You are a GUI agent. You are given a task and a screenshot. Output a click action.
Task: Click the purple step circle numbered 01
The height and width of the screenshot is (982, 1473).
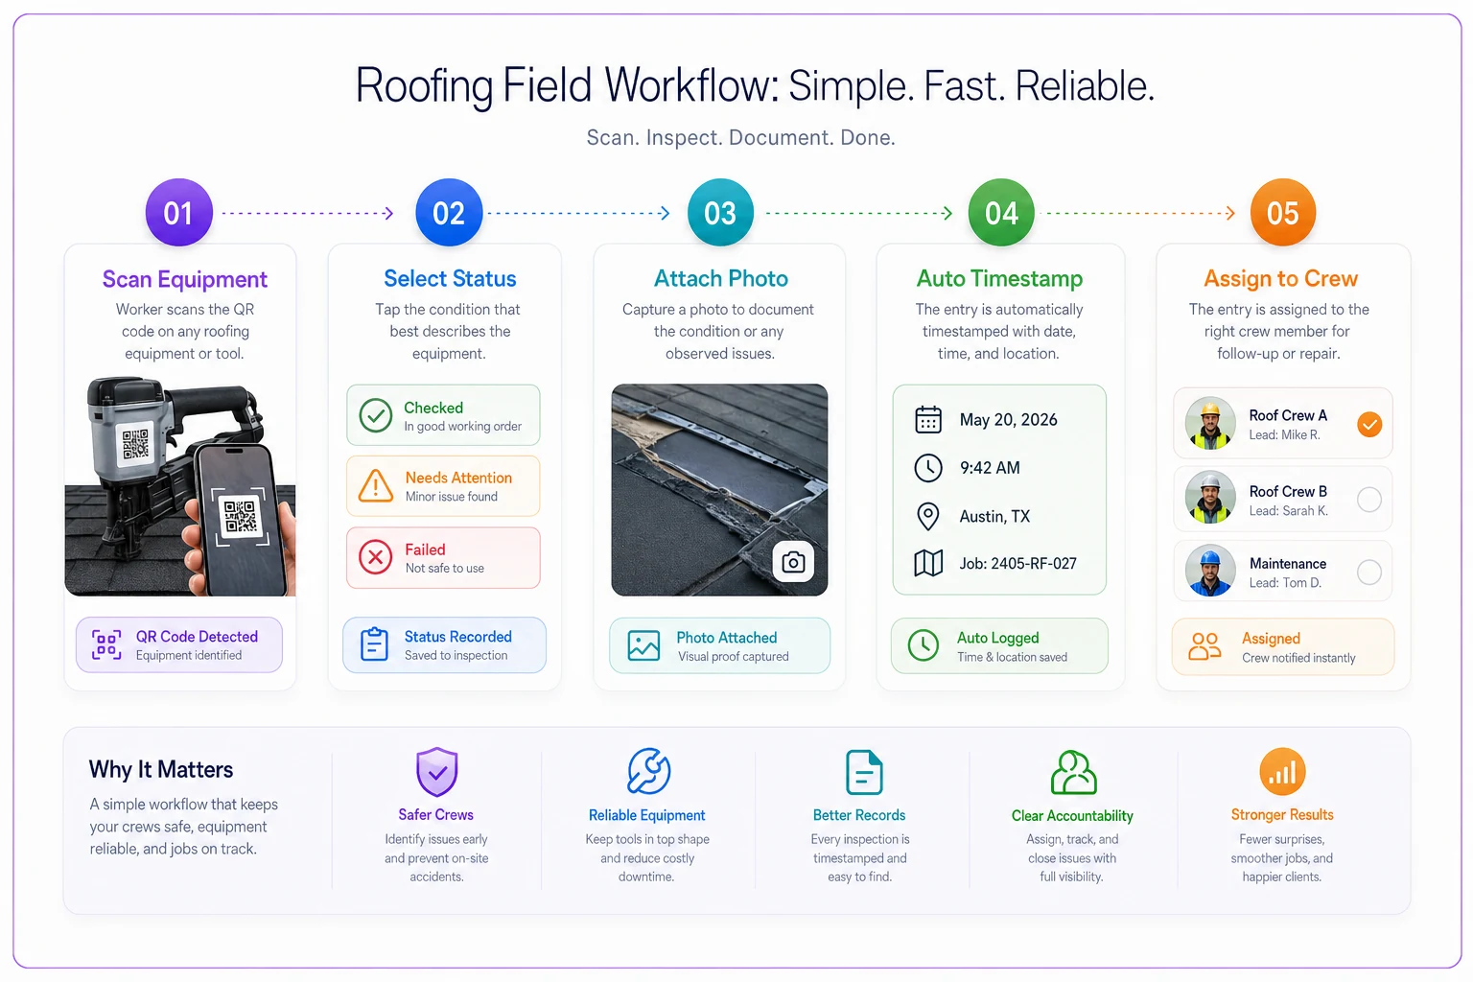tap(179, 213)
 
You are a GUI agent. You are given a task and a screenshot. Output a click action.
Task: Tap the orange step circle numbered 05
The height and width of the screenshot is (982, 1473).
tap(1282, 213)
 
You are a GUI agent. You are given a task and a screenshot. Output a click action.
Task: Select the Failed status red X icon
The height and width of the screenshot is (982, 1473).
tap(376, 558)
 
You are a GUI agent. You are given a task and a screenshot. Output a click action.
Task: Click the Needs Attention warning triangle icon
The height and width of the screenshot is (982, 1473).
tap(376, 486)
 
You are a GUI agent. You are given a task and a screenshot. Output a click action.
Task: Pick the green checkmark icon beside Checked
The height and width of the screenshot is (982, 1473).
tap(376, 415)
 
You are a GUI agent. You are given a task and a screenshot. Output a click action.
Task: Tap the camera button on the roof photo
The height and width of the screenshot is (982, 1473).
tap(793, 562)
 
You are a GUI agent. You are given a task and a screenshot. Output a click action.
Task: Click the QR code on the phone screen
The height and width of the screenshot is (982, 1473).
tap(240, 516)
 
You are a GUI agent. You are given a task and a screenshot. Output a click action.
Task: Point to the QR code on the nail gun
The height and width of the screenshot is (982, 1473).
tap(135, 444)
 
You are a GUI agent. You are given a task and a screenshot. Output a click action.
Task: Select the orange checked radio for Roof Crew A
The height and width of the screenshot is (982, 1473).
tap(1369, 424)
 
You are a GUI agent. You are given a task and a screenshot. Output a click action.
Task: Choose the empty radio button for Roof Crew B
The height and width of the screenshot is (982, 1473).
tap(1369, 500)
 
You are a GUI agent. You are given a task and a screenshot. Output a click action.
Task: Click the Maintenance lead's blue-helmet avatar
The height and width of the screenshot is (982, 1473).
tap(1210, 571)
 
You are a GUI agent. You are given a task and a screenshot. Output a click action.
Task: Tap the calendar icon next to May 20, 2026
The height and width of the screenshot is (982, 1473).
tap(928, 420)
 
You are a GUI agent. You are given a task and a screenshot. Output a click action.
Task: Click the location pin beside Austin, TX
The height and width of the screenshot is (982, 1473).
tap(928, 516)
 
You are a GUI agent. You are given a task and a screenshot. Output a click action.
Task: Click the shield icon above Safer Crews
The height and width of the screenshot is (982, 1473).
tap(436, 772)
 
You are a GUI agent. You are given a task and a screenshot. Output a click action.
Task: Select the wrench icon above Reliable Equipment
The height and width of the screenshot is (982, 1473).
tap(648, 771)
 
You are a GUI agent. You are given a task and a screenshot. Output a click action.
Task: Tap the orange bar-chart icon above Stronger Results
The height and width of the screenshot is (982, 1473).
tap(1282, 771)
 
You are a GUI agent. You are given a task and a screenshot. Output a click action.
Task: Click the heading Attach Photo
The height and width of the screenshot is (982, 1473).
tap(721, 278)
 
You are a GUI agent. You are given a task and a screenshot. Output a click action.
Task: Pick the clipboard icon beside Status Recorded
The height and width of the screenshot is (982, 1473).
tap(374, 643)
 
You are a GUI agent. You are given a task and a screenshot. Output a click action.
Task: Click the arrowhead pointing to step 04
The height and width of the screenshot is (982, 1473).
tap(947, 213)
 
